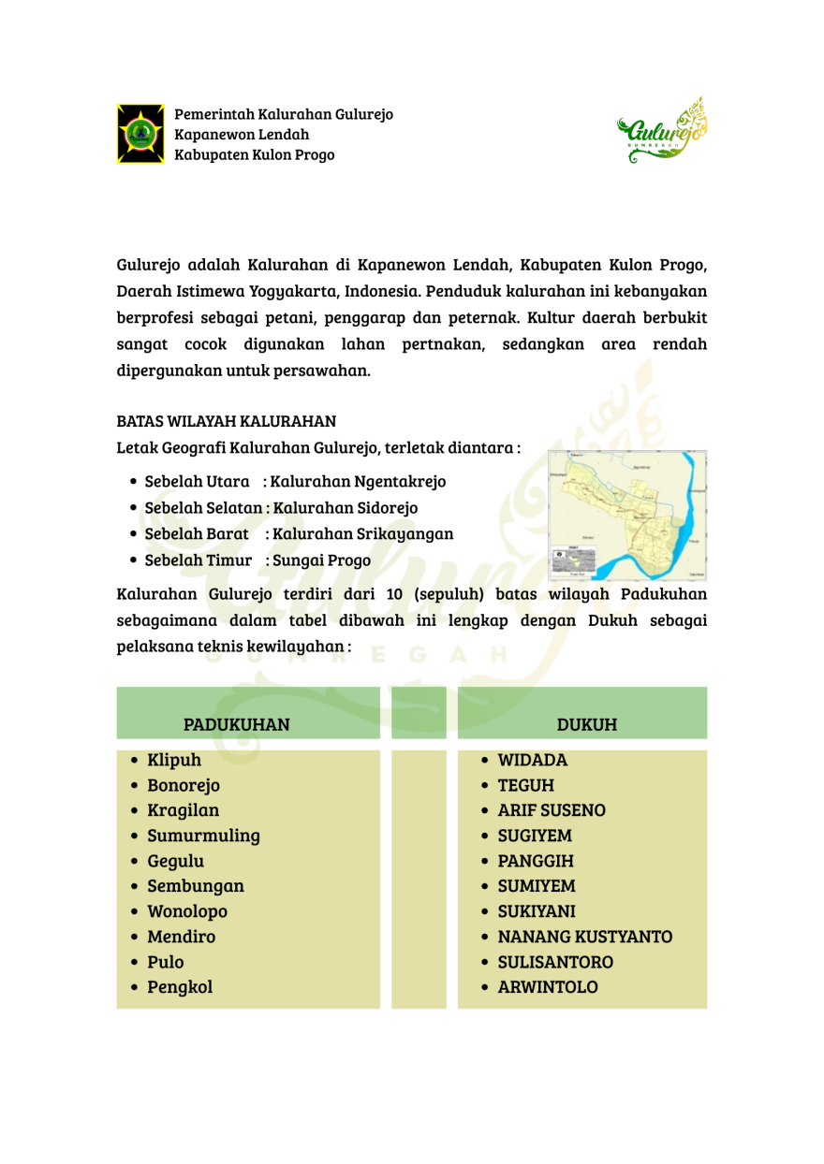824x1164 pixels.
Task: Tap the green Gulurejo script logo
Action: pyautogui.click(x=663, y=132)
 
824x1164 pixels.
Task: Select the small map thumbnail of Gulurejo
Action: pyautogui.click(x=626, y=516)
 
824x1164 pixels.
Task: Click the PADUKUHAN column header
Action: pyautogui.click(x=236, y=724)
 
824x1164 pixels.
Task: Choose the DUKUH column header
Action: pyautogui.click(x=586, y=724)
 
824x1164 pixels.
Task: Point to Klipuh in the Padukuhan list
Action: pyautogui.click(x=174, y=760)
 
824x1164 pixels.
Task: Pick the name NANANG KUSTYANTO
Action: pyautogui.click(x=584, y=937)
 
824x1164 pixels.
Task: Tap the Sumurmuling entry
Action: pyautogui.click(x=203, y=836)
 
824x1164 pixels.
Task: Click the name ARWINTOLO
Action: pyautogui.click(x=548, y=987)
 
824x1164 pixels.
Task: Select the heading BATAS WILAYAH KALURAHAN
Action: pyautogui.click(x=227, y=421)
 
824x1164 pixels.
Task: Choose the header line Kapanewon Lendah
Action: pyautogui.click(x=242, y=135)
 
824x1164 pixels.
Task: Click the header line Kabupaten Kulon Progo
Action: pyautogui.click(x=254, y=155)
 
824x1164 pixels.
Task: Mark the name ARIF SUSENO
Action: pyautogui.click(x=552, y=810)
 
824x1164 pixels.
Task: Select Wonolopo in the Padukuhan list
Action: pyautogui.click(x=187, y=911)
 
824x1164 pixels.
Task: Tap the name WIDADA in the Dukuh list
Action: pyautogui.click(x=533, y=760)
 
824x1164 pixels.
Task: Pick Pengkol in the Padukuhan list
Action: pyautogui.click(x=180, y=987)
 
